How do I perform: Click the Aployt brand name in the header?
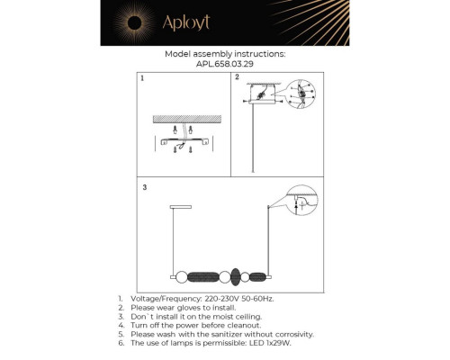[x=186, y=22]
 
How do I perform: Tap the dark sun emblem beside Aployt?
[x=134, y=22]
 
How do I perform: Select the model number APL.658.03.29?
[x=225, y=64]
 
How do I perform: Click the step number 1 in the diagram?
[x=142, y=78]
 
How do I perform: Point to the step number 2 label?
[x=237, y=77]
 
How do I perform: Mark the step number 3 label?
[x=145, y=187]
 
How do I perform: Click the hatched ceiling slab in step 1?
[x=187, y=119]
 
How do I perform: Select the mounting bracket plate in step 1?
[x=184, y=141]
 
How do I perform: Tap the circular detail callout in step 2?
[x=301, y=94]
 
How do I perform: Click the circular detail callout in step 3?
[x=301, y=201]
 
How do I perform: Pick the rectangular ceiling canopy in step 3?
[x=181, y=207]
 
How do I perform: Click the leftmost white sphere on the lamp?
[x=181, y=277]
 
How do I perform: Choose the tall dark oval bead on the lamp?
[x=236, y=277]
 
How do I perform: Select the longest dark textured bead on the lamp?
[x=203, y=277]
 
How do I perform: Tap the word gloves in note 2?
[x=189, y=308]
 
